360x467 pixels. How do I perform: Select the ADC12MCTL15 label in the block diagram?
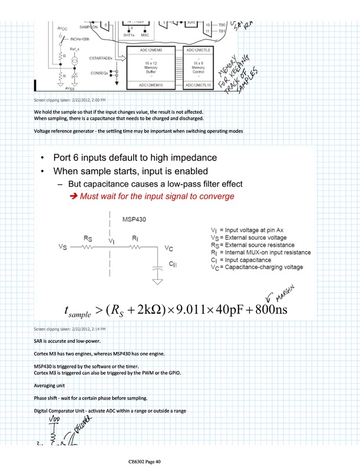(x=202, y=85)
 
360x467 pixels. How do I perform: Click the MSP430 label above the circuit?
(x=134, y=219)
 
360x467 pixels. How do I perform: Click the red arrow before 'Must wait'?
(x=74, y=196)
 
